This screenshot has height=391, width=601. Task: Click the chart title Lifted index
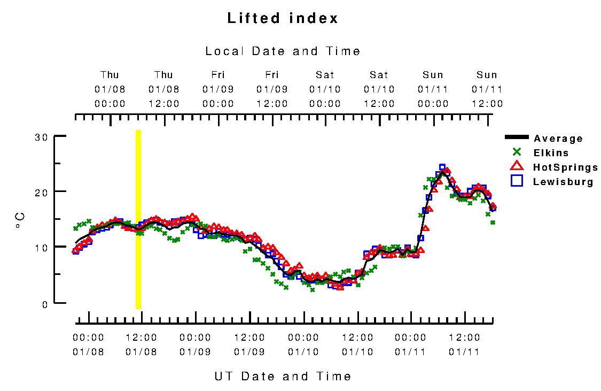coord(283,18)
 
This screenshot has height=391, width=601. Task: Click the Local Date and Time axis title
coord(283,51)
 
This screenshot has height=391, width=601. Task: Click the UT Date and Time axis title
coord(283,376)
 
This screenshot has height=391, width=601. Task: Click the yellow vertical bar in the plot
coord(138,219)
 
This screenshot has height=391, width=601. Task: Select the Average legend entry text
coord(558,139)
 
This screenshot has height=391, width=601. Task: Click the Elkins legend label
coord(551,153)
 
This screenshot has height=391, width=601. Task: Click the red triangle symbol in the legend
coord(517,166)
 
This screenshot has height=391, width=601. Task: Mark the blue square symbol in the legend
coord(517,181)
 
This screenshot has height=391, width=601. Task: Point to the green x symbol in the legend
coord(517,152)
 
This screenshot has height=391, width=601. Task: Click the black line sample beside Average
coord(517,138)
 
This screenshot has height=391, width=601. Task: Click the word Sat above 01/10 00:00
coord(325,75)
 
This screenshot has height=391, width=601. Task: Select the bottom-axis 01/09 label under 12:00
coord(249,351)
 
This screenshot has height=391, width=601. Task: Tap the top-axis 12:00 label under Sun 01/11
coord(487,104)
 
